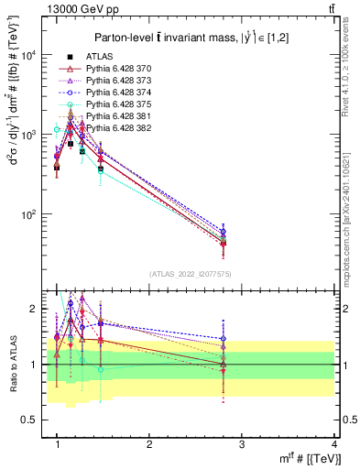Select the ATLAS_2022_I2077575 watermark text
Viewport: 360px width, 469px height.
coord(189,274)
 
